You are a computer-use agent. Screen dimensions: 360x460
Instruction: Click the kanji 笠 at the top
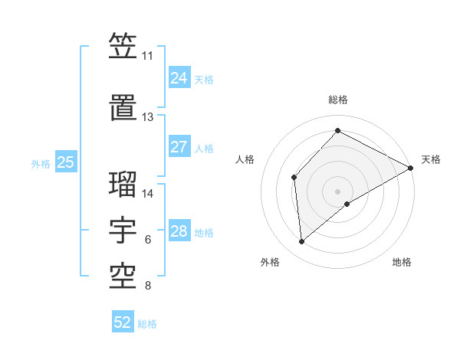coord(123,47)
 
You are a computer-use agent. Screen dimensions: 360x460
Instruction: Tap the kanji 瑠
coord(123,184)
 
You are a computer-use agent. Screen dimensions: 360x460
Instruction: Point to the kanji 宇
coord(123,231)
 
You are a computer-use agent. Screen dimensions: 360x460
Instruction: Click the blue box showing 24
coord(179,78)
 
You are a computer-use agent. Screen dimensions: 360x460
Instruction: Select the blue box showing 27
coord(179,147)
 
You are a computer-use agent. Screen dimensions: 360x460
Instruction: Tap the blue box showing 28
coord(179,231)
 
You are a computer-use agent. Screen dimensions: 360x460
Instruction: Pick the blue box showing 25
coord(66,162)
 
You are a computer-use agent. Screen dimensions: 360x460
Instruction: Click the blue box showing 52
coord(123,322)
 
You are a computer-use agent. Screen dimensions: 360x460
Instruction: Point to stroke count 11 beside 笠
coord(147,56)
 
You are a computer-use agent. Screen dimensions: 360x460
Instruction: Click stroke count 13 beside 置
coord(147,117)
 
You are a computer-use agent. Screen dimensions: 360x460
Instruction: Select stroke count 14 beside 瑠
coord(149,193)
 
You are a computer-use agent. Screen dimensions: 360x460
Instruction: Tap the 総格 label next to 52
coord(147,324)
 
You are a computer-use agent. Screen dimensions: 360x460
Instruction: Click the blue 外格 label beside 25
coord(41,163)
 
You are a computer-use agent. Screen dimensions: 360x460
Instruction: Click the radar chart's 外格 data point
coord(302,241)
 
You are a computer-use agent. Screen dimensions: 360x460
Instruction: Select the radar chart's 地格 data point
coord(347,204)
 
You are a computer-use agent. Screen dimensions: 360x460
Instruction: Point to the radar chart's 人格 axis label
coord(245,159)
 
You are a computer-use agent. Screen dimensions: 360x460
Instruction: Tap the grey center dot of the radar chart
coord(337,190)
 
